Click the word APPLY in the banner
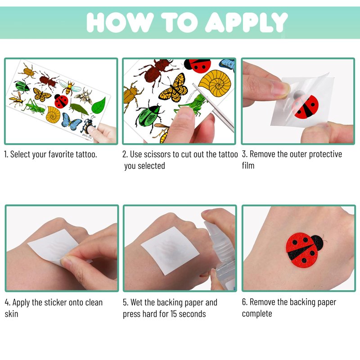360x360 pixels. coord(246,22)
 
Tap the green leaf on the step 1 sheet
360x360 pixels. coord(99,106)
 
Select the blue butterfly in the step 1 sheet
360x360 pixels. coord(71,121)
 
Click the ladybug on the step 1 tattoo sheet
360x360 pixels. coord(61,101)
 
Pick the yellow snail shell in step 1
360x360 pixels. coord(53,115)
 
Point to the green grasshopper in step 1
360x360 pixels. coord(35,107)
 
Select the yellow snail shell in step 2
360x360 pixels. coord(215,83)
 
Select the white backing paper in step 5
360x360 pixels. coord(170,250)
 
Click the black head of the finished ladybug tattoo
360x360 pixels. coord(319,243)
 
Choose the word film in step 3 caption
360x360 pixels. coord(248,165)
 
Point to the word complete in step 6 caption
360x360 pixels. coord(257,314)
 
